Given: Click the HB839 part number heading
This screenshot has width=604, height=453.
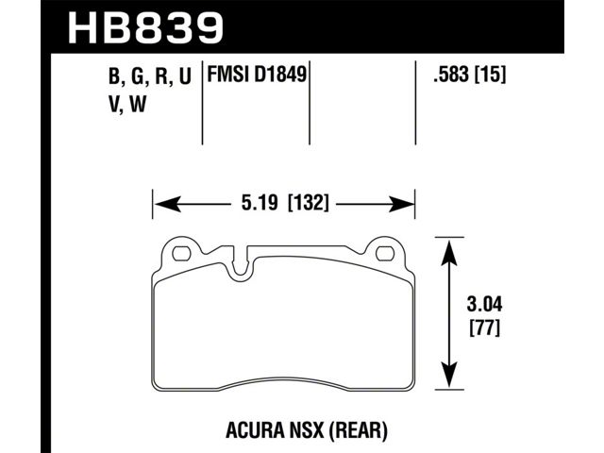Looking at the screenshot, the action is click(145, 27).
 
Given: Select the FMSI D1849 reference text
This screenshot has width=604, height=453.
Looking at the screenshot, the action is click(257, 75).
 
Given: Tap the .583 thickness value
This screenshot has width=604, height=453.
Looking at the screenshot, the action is click(452, 75).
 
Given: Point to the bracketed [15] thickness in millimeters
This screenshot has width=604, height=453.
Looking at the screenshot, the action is click(490, 75).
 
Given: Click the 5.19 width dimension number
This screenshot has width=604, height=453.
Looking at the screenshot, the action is click(260, 202).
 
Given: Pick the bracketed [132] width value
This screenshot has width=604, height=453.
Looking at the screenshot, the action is click(309, 203).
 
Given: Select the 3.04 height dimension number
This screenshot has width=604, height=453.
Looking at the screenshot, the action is click(484, 304).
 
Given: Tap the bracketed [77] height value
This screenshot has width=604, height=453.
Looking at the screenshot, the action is click(485, 328).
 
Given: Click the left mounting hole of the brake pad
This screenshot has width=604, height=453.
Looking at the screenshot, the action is click(181, 254).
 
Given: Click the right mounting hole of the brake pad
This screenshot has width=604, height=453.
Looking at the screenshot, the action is click(386, 254).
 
